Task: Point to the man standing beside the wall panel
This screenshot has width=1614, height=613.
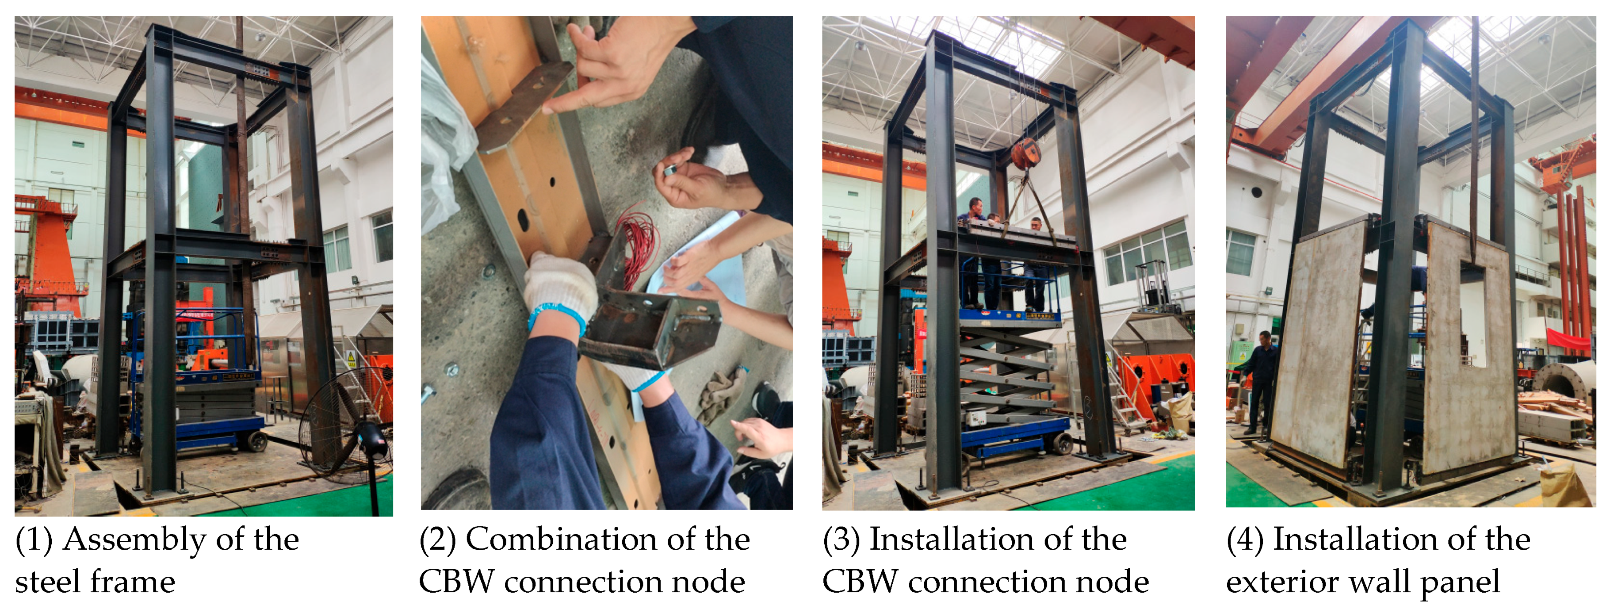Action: [1261, 382]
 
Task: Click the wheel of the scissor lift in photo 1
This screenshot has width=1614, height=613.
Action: [257, 441]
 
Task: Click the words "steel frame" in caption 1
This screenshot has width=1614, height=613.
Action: [95, 582]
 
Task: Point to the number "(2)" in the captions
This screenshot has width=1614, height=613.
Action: [437, 540]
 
